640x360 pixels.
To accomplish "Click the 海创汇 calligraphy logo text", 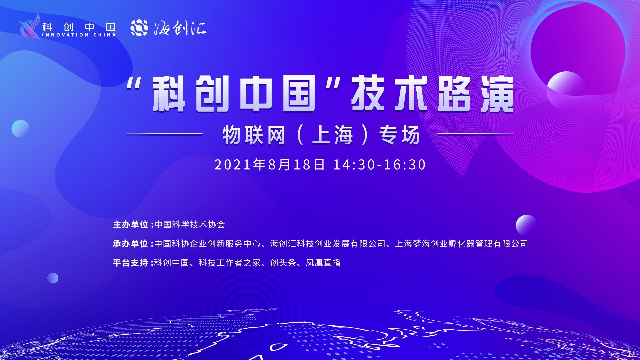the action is click(180, 28).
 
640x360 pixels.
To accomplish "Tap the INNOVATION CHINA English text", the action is click(79, 35).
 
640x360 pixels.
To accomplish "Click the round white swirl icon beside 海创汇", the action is click(139, 28).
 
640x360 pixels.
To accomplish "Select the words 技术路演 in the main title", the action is click(432, 94).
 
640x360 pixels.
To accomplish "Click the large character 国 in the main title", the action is click(299, 94).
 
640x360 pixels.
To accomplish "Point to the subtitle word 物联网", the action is click(254, 136).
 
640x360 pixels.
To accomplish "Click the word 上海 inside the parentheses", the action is click(332, 136).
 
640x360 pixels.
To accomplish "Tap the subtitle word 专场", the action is click(399, 136).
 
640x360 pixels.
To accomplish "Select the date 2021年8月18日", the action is click(269, 165).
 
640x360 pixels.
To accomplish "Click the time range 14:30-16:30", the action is click(380, 165).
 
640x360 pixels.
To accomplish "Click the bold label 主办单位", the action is click(130, 225).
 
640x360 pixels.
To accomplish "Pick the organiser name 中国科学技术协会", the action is click(190, 225).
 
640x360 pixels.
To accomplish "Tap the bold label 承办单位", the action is click(130, 244).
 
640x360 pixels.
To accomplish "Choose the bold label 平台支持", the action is click(130, 263).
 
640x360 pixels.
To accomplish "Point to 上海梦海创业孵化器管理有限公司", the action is click(462, 244).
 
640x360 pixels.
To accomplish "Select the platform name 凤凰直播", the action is click(323, 263).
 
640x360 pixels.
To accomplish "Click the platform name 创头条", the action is click(283, 263).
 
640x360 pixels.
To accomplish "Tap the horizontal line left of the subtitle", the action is click(164, 134).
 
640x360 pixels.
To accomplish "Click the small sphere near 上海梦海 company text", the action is click(526, 225).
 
